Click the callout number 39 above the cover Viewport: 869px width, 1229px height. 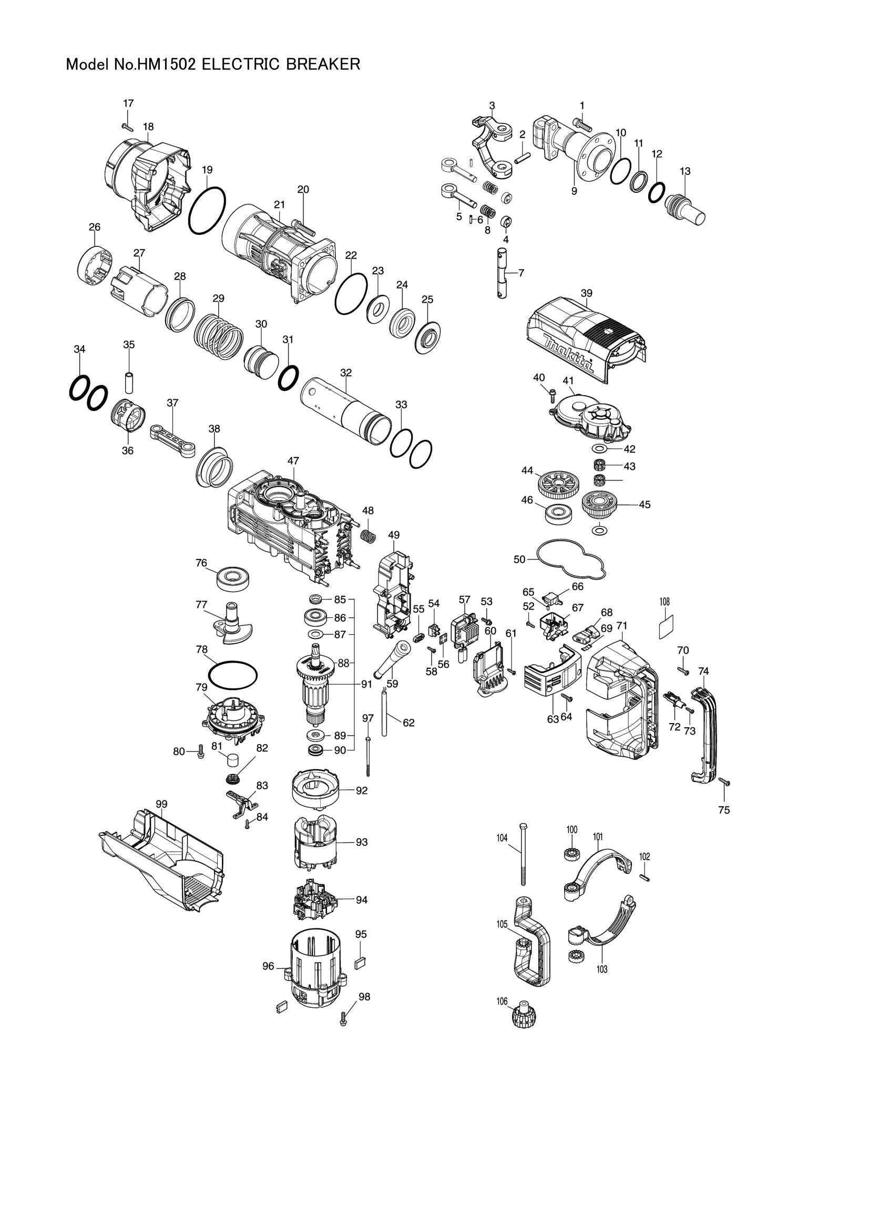coord(586,293)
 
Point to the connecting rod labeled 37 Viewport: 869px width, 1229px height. coord(173,430)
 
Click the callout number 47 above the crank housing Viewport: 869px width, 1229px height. coord(293,461)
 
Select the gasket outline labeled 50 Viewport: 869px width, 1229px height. coord(572,560)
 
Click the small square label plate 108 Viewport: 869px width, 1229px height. coord(665,626)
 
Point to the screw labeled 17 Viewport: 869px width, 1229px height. coord(127,127)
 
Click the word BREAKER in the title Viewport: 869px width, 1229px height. coord(322,64)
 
